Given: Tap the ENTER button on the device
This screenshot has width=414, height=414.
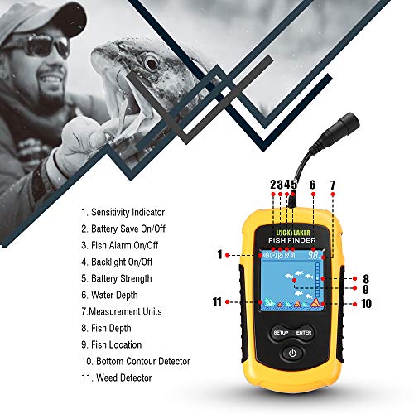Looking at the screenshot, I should pyautogui.click(x=305, y=333).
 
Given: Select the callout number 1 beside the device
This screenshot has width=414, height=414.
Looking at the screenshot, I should pyautogui.click(x=221, y=255).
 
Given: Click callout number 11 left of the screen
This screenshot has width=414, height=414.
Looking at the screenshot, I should pyautogui.click(x=217, y=302).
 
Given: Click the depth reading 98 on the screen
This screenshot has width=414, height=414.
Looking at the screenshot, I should pyautogui.click(x=315, y=256).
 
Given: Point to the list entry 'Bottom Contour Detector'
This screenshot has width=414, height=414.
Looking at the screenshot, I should pyautogui.click(x=136, y=361).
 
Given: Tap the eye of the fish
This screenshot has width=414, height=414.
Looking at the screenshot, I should pyautogui.click(x=148, y=61).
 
